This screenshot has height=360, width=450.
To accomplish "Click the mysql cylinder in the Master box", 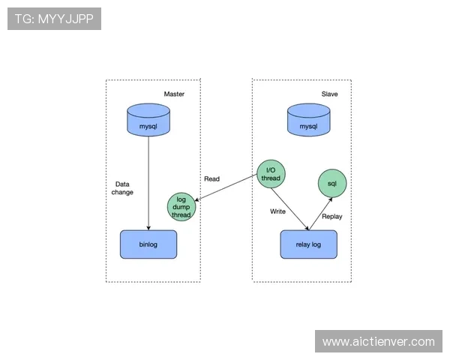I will pyautogui.click(x=148, y=120).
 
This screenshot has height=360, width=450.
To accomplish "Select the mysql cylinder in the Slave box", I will pyautogui.click(x=308, y=121).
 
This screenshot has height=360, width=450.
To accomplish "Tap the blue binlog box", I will pyautogui.click(x=148, y=244).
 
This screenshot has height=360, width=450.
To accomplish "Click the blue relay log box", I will pyautogui.click(x=308, y=244).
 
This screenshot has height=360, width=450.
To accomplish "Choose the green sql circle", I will pyautogui.click(x=331, y=183).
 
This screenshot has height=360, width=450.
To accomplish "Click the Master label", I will pyautogui.click(x=174, y=94).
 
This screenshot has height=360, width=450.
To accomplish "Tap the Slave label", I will pyautogui.click(x=329, y=94).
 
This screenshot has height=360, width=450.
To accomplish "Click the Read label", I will pyautogui.click(x=211, y=179).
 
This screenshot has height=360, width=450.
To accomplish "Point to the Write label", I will pyautogui.click(x=278, y=211).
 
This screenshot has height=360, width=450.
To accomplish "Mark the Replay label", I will pyautogui.click(x=331, y=216).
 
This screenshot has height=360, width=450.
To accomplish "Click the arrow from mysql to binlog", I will pyautogui.click(x=148, y=180).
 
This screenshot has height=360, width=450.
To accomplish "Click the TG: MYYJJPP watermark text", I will pyautogui.click(x=54, y=19).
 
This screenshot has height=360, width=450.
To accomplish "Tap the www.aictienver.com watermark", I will pyautogui.click(x=378, y=342).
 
